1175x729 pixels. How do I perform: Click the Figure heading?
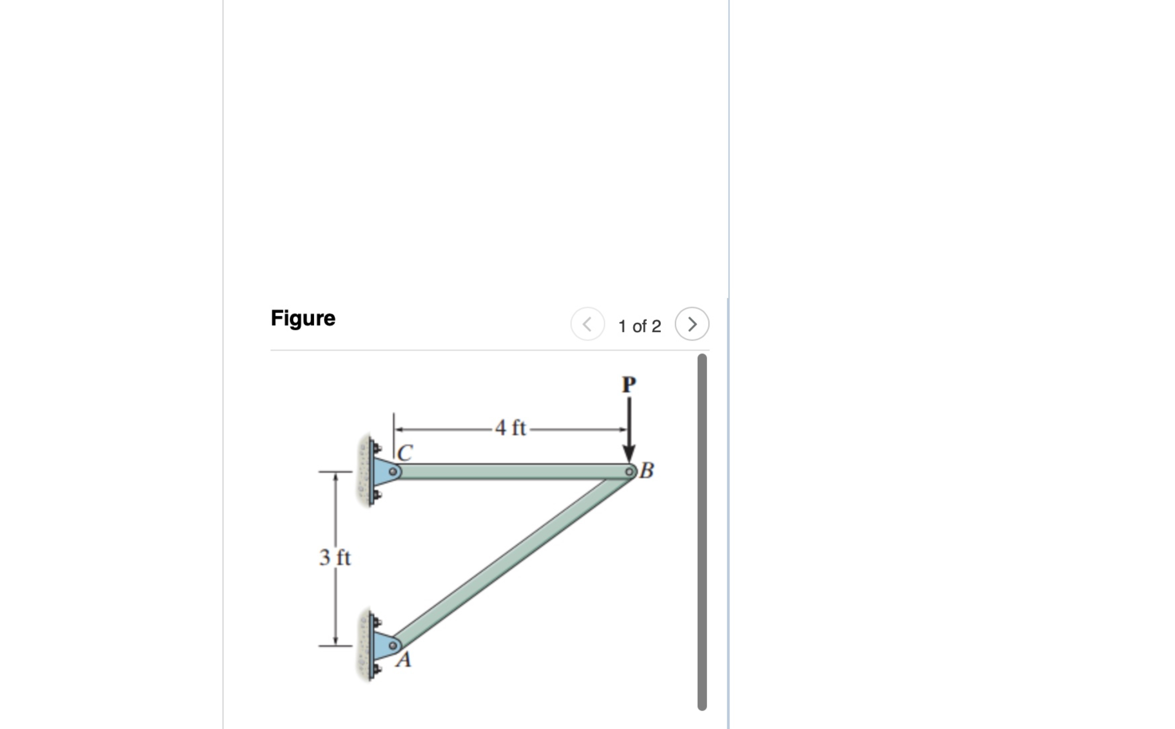303,318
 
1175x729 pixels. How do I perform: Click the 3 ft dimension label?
335,558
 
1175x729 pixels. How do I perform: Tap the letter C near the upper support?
405,453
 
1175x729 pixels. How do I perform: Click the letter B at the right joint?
647,470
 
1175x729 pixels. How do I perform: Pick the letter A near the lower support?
404,659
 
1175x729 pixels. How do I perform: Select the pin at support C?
394,471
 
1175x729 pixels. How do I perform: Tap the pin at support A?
393,645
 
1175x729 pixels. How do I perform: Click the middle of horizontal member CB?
511,471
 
